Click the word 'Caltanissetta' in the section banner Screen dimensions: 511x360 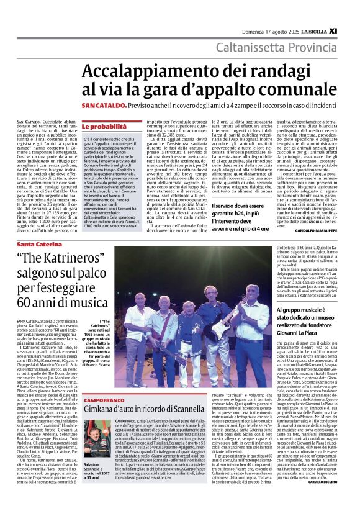coord(251,47)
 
